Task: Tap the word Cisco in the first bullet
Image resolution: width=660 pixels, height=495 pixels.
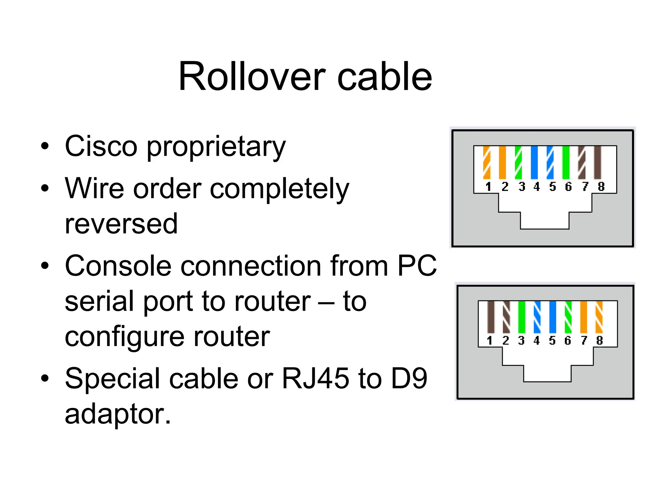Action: point(101,147)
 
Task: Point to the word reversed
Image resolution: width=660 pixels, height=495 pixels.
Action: point(121,224)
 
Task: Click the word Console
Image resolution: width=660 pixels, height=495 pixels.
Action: point(118,266)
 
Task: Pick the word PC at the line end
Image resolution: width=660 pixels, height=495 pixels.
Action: point(417,266)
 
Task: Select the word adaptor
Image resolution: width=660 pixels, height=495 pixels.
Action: point(117,414)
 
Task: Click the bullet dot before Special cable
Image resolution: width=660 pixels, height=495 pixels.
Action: point(45,378)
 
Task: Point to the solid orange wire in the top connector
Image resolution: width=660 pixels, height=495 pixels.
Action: point(502,162)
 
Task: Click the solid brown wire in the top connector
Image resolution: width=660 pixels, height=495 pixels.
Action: point(597,162)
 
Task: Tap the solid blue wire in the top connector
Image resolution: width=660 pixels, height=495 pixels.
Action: point(534,162)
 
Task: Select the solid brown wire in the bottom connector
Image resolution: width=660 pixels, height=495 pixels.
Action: point(491,317)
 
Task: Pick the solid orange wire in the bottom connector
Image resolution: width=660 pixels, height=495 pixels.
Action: point(584,317)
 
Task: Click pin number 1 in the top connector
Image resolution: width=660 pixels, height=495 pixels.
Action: point(488,187)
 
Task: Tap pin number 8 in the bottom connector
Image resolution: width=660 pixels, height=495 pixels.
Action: point(599,340)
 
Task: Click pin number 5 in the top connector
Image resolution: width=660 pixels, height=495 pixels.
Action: point(552,187)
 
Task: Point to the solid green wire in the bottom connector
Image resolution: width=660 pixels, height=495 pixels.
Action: point(522,317)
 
